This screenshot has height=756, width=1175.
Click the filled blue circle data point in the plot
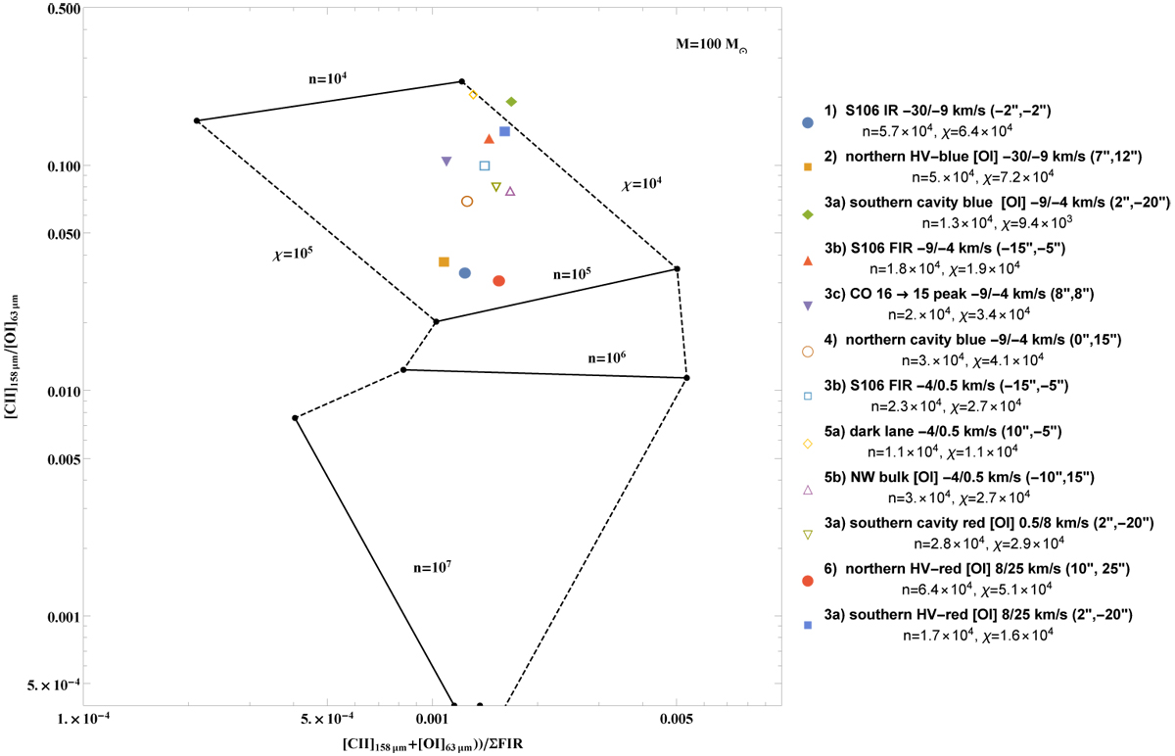465,273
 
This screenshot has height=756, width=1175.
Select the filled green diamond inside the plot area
511,102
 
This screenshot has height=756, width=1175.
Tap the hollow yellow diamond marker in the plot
473,95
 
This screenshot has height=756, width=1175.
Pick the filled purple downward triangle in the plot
446,161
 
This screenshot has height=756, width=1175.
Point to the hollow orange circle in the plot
467,202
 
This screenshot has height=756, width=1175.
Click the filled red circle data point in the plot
498,281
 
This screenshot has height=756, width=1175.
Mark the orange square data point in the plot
444,261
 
